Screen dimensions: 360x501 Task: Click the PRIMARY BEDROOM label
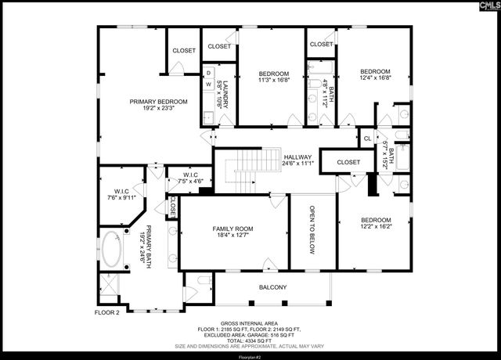point(159,102)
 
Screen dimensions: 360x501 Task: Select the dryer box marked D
point(209,73)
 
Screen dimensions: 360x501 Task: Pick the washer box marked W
point(209,85)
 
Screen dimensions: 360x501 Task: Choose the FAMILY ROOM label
point(234,229)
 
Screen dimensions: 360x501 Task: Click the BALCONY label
point(273,287)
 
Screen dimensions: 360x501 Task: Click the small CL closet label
point(367,139)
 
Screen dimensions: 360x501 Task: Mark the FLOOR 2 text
point(107,312)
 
